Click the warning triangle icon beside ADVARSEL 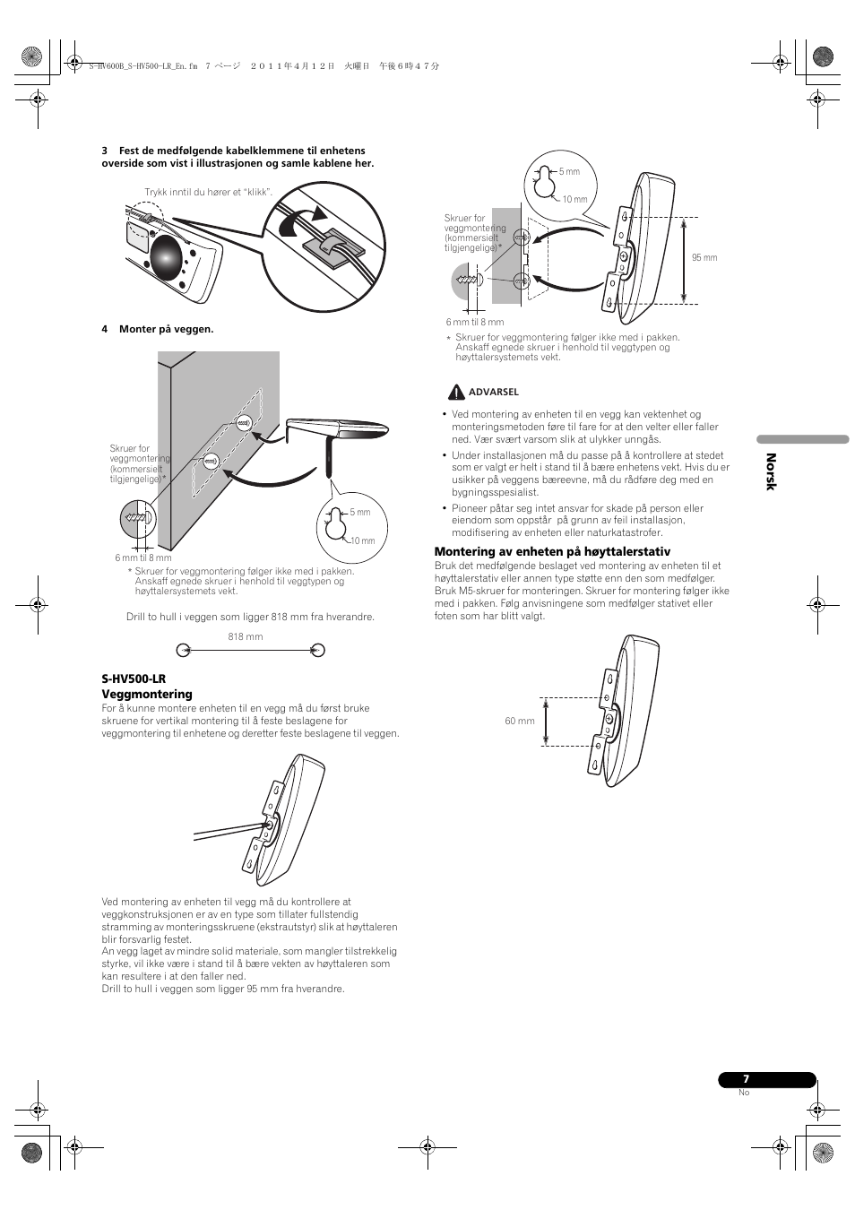(x=456, y=392)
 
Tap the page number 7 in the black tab (x=745, y=1080)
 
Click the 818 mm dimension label (x=246, y=636)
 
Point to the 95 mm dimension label (x=704, y=257)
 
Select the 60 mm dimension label (x=520, y=721)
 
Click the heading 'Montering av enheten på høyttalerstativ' (x=552, y=552)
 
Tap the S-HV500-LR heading (x=134, y=679)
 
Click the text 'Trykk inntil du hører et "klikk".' (x=208, y=192)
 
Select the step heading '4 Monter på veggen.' (x=158, y=329)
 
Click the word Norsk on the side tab (x=770, y=471)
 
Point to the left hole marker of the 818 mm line (x=182, y=650)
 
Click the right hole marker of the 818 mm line (x=316, y=650)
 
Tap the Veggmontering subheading (x=147, y=695)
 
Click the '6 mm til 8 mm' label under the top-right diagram (x=474, y=322)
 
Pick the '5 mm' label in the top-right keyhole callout (x=569, y=171)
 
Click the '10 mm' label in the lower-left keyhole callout (x=362, y=540)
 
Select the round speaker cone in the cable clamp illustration (x=167, y=259)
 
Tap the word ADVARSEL (x=494, y=392)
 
